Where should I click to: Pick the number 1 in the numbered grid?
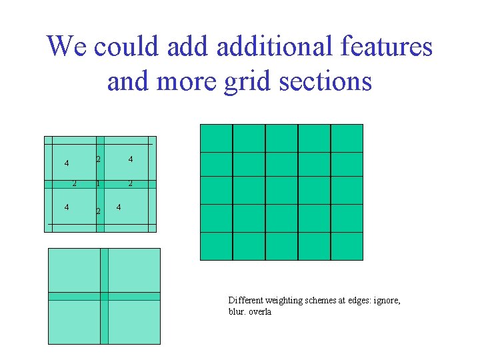(97, 183)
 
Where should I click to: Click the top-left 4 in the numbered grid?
(66, 163)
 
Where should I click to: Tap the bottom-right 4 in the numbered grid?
(119, 207)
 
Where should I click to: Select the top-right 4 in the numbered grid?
(131, 159)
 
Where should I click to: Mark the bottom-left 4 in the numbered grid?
(66, 207)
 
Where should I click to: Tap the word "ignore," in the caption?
(387, 301)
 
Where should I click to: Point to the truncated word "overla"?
(260, 312)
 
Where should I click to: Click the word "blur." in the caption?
(236, 312)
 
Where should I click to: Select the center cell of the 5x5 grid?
(281, 191)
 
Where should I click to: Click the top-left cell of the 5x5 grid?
(217, 138)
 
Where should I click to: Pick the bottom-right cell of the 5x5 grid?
(347, 246)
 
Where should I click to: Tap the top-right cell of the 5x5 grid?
(347, 138)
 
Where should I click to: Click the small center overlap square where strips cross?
(104, 296)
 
